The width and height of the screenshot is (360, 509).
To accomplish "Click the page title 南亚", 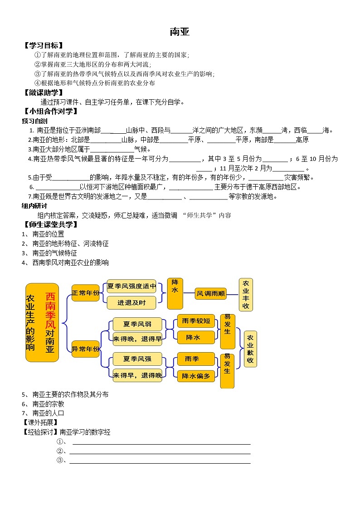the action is (x=180, y=32).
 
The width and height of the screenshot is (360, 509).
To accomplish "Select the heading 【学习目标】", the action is (x=43, y=45).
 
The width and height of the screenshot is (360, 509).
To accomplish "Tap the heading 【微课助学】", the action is (x=43, y=92).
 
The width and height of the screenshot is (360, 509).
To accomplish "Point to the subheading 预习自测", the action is (x=34, y=121).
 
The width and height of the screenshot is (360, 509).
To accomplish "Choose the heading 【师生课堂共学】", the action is (x=50, y=224).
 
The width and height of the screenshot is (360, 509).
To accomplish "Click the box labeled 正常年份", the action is (x=85, y=293).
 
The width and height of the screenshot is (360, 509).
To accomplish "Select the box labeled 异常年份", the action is (x=85, y=349).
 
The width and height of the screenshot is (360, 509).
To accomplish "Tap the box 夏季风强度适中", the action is (x=131, y=286).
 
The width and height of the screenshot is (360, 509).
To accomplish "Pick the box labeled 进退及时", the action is (x=131, y=302).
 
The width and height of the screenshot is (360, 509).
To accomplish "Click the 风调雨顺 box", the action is (x=210, y=294).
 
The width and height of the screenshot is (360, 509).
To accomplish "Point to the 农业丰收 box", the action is (x=246, y=294).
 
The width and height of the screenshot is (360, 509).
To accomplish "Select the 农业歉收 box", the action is (x=250, y=349).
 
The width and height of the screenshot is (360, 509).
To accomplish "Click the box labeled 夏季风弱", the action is (x=137, y=324).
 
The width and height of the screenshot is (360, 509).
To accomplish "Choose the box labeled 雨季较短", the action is (x=195, y=321).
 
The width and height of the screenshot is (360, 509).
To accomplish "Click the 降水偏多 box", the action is (x=195, y=376).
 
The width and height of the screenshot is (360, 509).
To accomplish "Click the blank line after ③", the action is (x=159, y=463).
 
